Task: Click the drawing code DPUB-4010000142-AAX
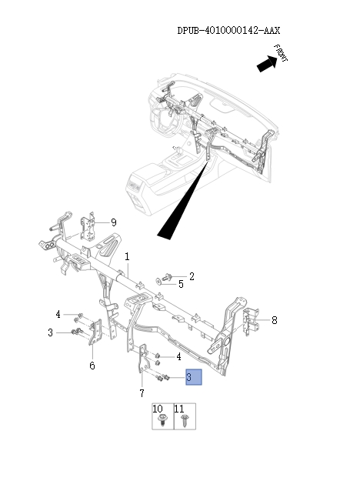(228, 31)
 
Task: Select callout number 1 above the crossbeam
(127, 256)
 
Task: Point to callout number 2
(192, 276)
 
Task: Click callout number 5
(182, 284)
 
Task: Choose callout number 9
(113, 222)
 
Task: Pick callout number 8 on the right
(274, 319)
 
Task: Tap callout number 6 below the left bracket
(92, 366)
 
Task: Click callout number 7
(142, 393)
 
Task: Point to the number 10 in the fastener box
(158, 408)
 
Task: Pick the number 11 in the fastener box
(179, 408)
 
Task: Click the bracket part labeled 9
(89, 224)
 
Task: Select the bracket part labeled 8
(251, 320)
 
